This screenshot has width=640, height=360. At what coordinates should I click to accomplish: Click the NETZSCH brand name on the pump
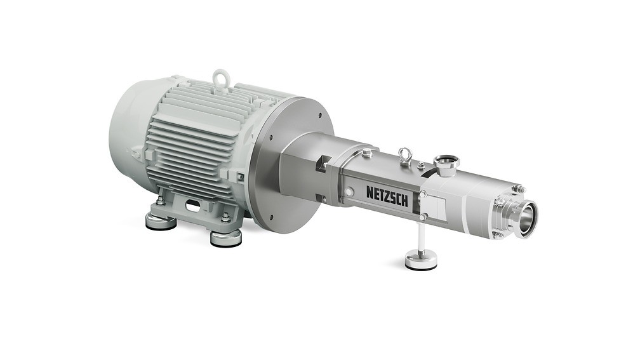point(389,192)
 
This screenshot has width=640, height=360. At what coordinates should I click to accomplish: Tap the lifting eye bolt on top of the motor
point(220,77)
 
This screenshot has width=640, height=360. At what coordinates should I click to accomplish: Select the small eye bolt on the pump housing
point(404,154)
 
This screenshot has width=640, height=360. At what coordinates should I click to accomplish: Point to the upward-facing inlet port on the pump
point(446,163)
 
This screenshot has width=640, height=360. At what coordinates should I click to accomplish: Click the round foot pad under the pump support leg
point(421,260)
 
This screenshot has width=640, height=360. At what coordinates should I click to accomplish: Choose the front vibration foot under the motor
point(226,237)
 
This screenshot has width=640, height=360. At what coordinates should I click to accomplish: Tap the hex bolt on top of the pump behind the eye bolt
point(366,152)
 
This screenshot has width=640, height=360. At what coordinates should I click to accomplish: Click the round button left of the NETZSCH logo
point(349,191)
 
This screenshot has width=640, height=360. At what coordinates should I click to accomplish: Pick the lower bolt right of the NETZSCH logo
point(422,217)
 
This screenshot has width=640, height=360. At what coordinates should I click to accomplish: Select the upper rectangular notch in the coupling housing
point(323,163)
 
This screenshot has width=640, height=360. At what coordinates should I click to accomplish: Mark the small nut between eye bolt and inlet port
point(421,165)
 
